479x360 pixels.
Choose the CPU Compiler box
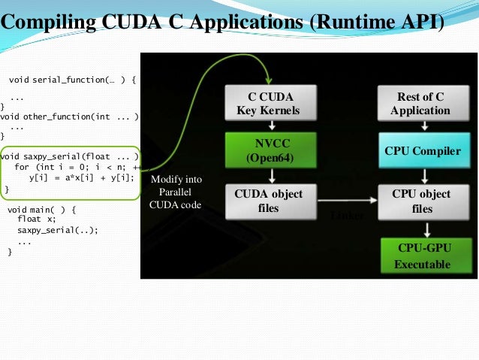click(x=423, y=151)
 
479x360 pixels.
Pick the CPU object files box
click(x=423, y=201)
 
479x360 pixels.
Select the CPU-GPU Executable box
click(x=423, y=256)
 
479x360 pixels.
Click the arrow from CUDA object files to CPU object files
click(x=345, y=201)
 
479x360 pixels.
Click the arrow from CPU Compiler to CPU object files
click(x=426, y=176)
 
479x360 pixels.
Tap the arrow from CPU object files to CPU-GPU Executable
click(x=426, y=228)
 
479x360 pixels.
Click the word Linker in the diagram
click(x=346, y=216)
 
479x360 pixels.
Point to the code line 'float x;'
click(x=37, y=219)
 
